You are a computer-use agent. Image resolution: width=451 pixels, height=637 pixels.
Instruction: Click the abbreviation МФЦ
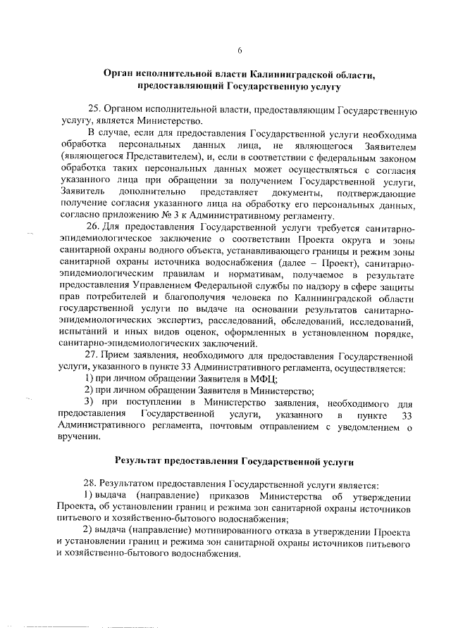click(265, 379)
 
